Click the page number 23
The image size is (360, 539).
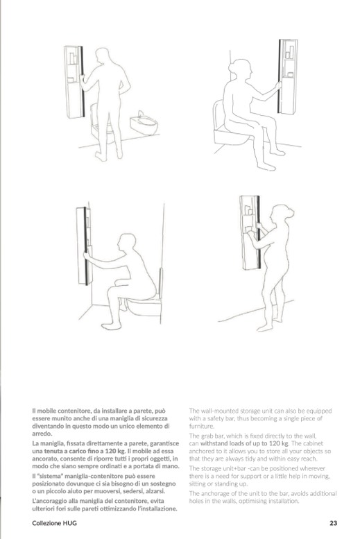point(333,523)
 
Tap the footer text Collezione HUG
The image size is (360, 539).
point(54,523)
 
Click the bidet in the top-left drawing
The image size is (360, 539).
point(144,123)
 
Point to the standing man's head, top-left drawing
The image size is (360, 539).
point(103,56)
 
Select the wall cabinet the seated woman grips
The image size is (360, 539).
point(287,77)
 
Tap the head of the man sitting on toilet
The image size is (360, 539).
point(126,243)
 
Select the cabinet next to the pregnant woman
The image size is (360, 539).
point(250,232)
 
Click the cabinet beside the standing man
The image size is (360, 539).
point(74,82)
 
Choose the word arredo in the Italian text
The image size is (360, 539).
point(41,434)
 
